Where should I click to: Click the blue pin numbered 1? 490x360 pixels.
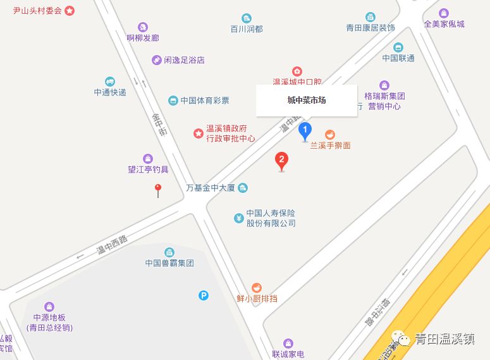point(305,132)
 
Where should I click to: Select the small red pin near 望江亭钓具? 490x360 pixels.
point(158,189)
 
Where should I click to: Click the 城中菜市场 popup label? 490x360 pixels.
point(307,100)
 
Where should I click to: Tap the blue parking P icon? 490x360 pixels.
point(204,295)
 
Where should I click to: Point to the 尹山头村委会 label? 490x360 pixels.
point(38,11)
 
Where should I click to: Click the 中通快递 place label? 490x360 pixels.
point(110,92)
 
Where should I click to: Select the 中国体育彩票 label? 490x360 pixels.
point(204,101)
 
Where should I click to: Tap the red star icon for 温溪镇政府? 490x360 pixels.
point(198,133)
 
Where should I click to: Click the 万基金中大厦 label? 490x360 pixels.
point(211,188)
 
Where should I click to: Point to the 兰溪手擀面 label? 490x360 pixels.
point(330,146)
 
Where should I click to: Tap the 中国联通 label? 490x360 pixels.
point(398,58)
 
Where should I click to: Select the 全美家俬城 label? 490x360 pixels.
point(444,24)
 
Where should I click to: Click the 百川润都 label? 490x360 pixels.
point(246,29)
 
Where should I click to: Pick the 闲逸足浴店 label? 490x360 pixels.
point(184,60)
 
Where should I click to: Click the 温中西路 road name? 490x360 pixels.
point(112,245)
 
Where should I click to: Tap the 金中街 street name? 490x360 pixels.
point(159,125)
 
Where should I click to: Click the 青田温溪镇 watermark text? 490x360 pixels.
point(444,338)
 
